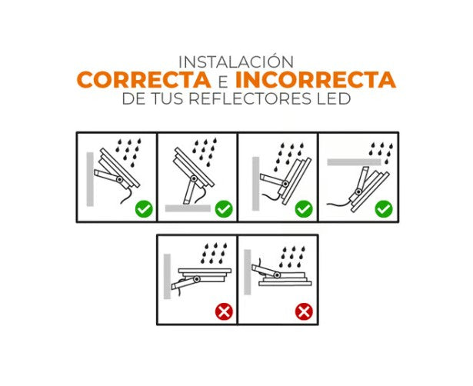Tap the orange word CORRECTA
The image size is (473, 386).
(x=144, y=80)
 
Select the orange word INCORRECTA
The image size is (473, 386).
(x=315, y=80)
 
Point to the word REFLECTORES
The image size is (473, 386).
(x=250, y=98)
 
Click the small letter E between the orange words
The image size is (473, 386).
(x=223, y=81)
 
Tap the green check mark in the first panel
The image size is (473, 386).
(x=144, y=208)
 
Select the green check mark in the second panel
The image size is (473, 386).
(x=224, y=208)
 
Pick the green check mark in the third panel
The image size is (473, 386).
(x=304, y=208)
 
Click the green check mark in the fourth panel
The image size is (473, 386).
(x=384, y=208)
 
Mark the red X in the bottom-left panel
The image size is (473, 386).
(x=224, y=311)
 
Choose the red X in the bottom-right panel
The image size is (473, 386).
(x=304, y=311)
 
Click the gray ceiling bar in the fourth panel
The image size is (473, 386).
(x=354, y=162)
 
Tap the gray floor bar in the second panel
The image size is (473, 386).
(x=188, y=208)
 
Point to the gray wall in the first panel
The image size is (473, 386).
(x=90, y=179)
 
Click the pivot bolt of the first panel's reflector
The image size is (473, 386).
(x=119, y=179)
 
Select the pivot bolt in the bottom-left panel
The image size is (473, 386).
(x=197, y=280)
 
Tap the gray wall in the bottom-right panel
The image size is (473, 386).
(x=248, y=272)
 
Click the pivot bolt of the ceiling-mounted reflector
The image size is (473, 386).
(x=358, y=191)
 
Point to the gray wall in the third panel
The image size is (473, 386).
(x=256, y=184)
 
